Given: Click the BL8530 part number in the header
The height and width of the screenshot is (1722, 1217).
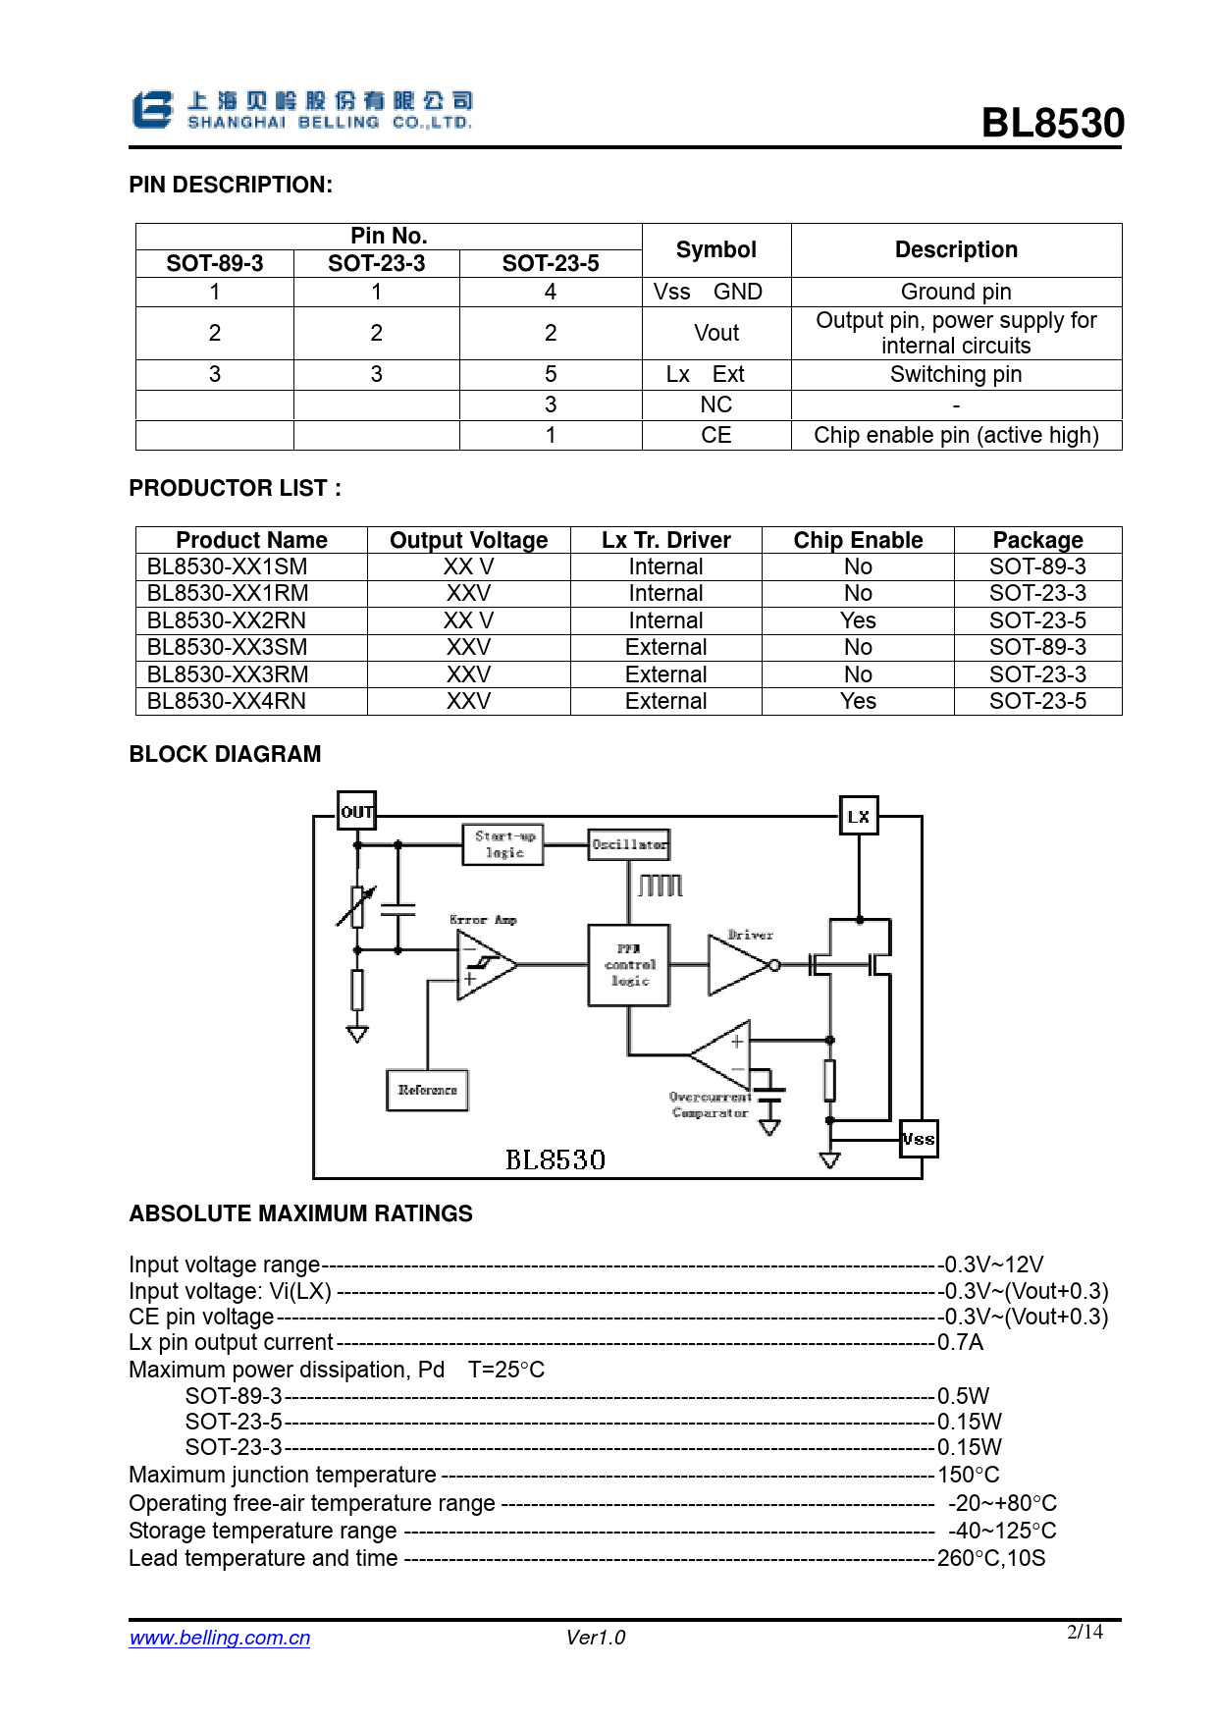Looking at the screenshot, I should pyautogui.click(x=1052, y=124).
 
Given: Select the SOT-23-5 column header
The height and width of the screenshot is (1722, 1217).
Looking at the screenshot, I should pyautogui.click(x=550, y=263).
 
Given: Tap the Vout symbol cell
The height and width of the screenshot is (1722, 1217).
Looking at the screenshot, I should pyautogui.click(x=716, y=333).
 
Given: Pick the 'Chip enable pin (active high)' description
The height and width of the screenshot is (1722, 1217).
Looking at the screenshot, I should pyautogui.click(x=956, y=435).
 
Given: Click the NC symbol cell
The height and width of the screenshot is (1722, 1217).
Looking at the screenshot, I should pyautogui.click(x=716, y=404).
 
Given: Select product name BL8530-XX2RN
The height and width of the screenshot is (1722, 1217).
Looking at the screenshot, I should pyautogui.click(x=227, y=620).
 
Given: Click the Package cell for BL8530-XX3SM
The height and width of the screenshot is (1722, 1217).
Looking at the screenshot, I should pyautogui.click(x=1037, y=647).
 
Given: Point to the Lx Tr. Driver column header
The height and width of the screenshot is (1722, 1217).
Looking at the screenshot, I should pyautogui.click(x=665, y=540).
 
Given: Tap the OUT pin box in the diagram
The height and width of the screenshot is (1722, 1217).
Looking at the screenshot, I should pyautogui.click(x=356, y=811).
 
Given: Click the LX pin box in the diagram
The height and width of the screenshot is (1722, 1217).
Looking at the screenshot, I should pyautogui.click(x=859, y=816).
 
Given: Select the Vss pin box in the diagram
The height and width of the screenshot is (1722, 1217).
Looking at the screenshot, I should pyautogui.click(x=919, y=1139).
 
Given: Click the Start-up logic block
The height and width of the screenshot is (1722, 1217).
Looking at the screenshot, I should pyautogui.click(x=503, y=844).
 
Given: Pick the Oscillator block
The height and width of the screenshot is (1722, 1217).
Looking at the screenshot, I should pyautogui.click(x=629, y=844).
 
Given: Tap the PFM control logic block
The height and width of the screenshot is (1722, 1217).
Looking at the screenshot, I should pyautogui.click(x=629, y=965).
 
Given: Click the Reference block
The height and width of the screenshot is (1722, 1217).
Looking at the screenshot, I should pyautogui.click(x=427, y=1090).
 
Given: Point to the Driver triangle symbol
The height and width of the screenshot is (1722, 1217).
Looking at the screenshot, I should pyautogui.click(x=738, y=965).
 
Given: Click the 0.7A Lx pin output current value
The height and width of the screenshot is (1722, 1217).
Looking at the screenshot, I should pyautogui.click(x=960, y=1342).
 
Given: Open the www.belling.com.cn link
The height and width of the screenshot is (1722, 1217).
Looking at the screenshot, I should pyautogui.click(x=220, y=1638).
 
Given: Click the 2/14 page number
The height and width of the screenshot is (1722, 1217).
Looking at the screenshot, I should pyautogui.click(x=1085, y=1632).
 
